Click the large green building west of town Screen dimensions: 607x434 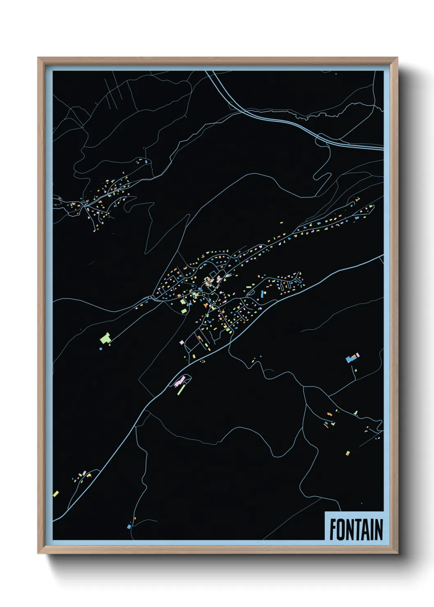pos(106,338)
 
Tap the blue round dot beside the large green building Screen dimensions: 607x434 pos(101,349)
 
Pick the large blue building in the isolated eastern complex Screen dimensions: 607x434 pos(350,359)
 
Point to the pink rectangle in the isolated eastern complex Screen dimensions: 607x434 pos(357,355)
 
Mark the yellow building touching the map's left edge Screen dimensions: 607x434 pos(56,493)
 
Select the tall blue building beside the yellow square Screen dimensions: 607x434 pos(263,294)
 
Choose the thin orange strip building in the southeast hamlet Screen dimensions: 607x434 pos(326,425)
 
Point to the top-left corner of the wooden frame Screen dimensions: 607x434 pos(39,58)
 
